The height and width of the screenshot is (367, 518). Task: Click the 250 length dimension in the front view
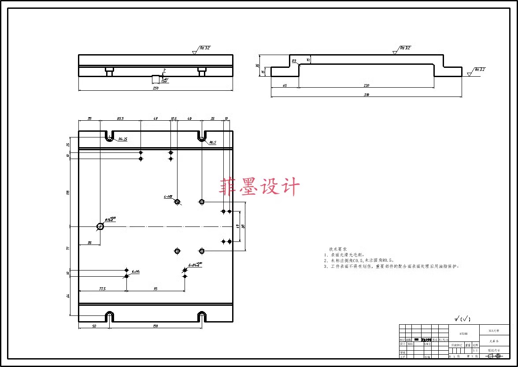[x=155, y=88]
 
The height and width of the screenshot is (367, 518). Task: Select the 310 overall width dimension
[x=366, y=95]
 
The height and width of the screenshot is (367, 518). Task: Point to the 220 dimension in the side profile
[x=366, y=85]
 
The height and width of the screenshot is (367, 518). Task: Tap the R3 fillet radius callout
[x=294, y=61]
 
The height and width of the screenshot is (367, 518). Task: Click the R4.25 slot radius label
[x=122, y=139]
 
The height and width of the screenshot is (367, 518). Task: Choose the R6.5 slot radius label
[x=212, y=142]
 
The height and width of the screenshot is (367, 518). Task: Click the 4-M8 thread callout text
[x=167, y=197]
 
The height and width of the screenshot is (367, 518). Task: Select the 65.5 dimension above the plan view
[x=120, y=119]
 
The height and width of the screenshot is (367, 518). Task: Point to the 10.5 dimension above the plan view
[x=174, y=119]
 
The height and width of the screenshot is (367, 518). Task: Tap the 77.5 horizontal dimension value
[x=102, y=289]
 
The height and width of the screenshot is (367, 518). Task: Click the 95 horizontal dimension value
[x=155, y=289]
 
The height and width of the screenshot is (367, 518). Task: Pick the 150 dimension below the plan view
[x=155, y=326]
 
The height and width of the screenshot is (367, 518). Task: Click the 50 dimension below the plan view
[x=94, y=326]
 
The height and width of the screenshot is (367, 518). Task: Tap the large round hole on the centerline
[x=100, y=226]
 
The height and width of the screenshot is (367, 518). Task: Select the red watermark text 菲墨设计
[x=259, y=186]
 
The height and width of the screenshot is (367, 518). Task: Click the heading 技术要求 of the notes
[x=338, y=249]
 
